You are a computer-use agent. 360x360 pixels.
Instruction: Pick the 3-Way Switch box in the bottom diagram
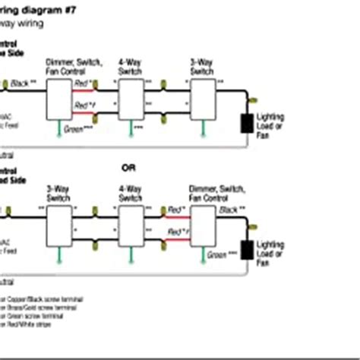tap(58, 225)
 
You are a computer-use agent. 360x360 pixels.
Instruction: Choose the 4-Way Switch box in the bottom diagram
tap(131, 225)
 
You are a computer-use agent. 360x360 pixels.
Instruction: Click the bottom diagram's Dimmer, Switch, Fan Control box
tap(202, 225)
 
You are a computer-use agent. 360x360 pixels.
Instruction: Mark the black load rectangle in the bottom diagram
tap(247, 251)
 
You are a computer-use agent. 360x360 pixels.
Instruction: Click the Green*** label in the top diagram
tap(75, 128)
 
